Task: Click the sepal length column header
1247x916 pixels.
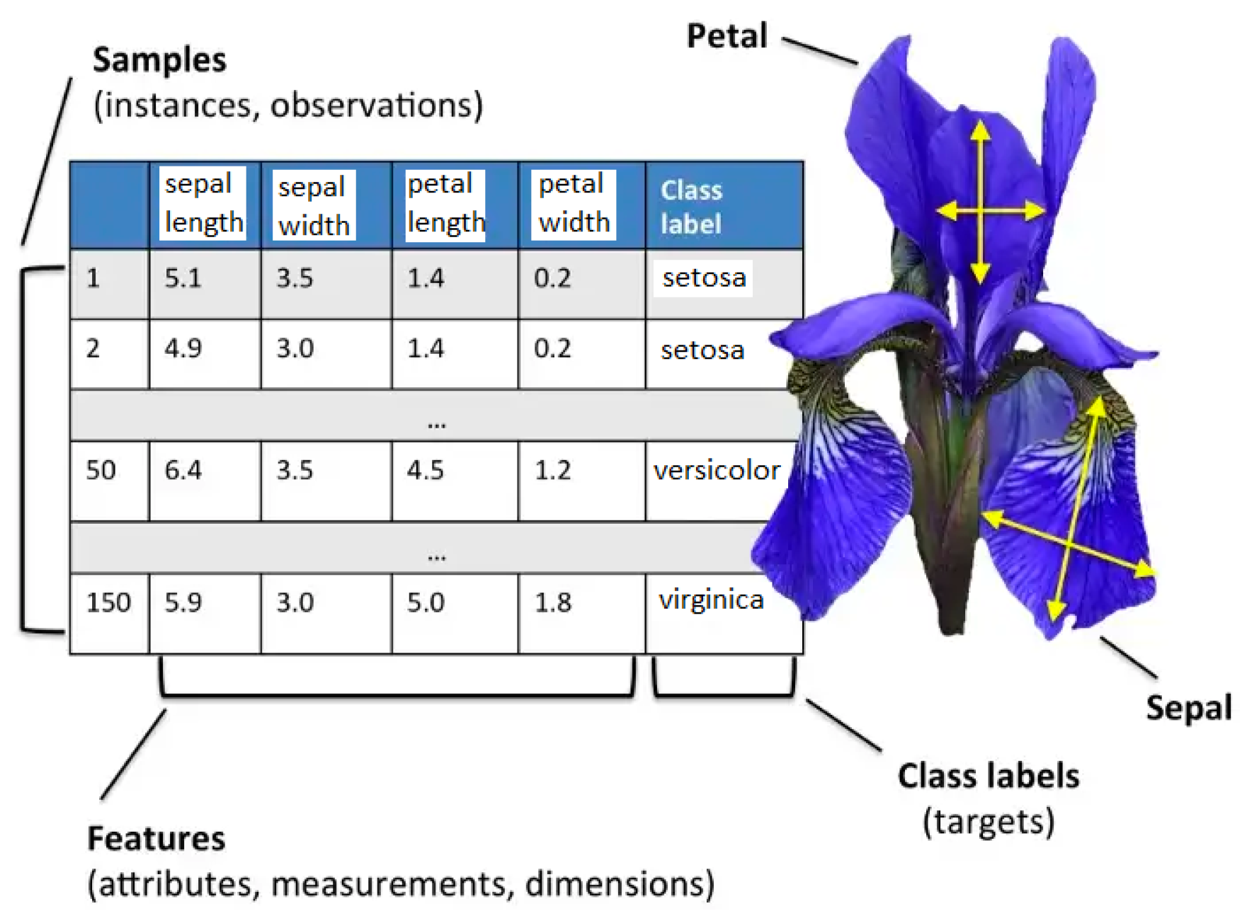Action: coord(203,203)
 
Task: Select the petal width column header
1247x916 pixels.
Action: coord(574,203)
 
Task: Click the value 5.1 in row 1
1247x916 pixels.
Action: coord(183,278)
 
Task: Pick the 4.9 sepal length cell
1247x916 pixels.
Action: coord(183,348)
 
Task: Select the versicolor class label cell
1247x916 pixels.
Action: coord(717,470)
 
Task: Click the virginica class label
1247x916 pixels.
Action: coord(711,600)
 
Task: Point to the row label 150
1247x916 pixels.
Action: coord(108,602)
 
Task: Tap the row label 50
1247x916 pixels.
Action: coord(101,470)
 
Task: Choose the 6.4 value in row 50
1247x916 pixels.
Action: coord(183,470)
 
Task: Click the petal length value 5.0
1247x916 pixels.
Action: coord(426,602)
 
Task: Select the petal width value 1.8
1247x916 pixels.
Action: coord(552,602)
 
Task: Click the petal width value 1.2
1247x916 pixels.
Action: coord(552,470)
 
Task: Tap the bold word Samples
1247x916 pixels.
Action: coord(159,60)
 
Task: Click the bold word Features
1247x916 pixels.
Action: coord(156,839)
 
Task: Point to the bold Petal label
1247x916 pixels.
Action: coord(727,36)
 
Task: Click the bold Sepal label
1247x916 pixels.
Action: coord(1189,707)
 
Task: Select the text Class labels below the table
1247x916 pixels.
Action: coord(989,776)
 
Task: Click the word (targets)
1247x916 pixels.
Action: coord(989,822)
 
